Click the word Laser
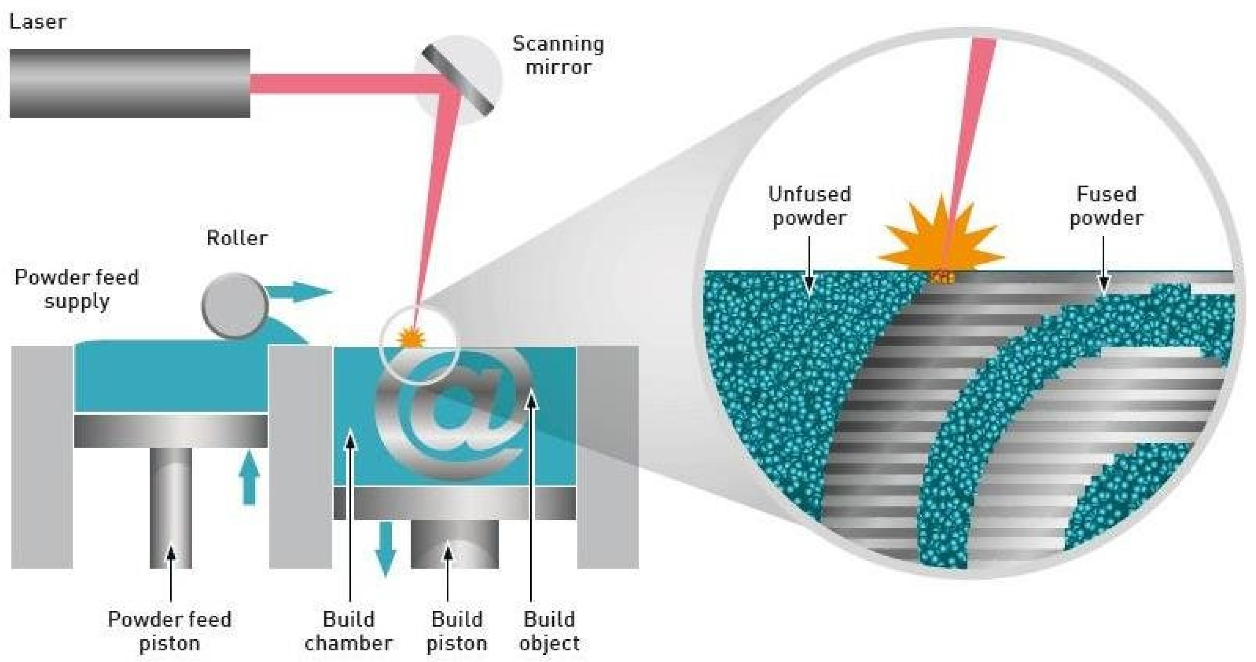[38, 22]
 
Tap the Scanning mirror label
[558, 55]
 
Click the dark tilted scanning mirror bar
[458, 81]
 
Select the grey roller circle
[234, 306]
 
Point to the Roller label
[237, 238]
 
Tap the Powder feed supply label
[76, 289]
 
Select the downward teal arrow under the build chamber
[385, 548]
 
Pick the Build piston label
[456, 631]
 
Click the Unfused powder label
[809, 206]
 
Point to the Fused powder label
[1106, 206]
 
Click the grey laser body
[130, 83]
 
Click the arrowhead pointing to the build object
[531, 401]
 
